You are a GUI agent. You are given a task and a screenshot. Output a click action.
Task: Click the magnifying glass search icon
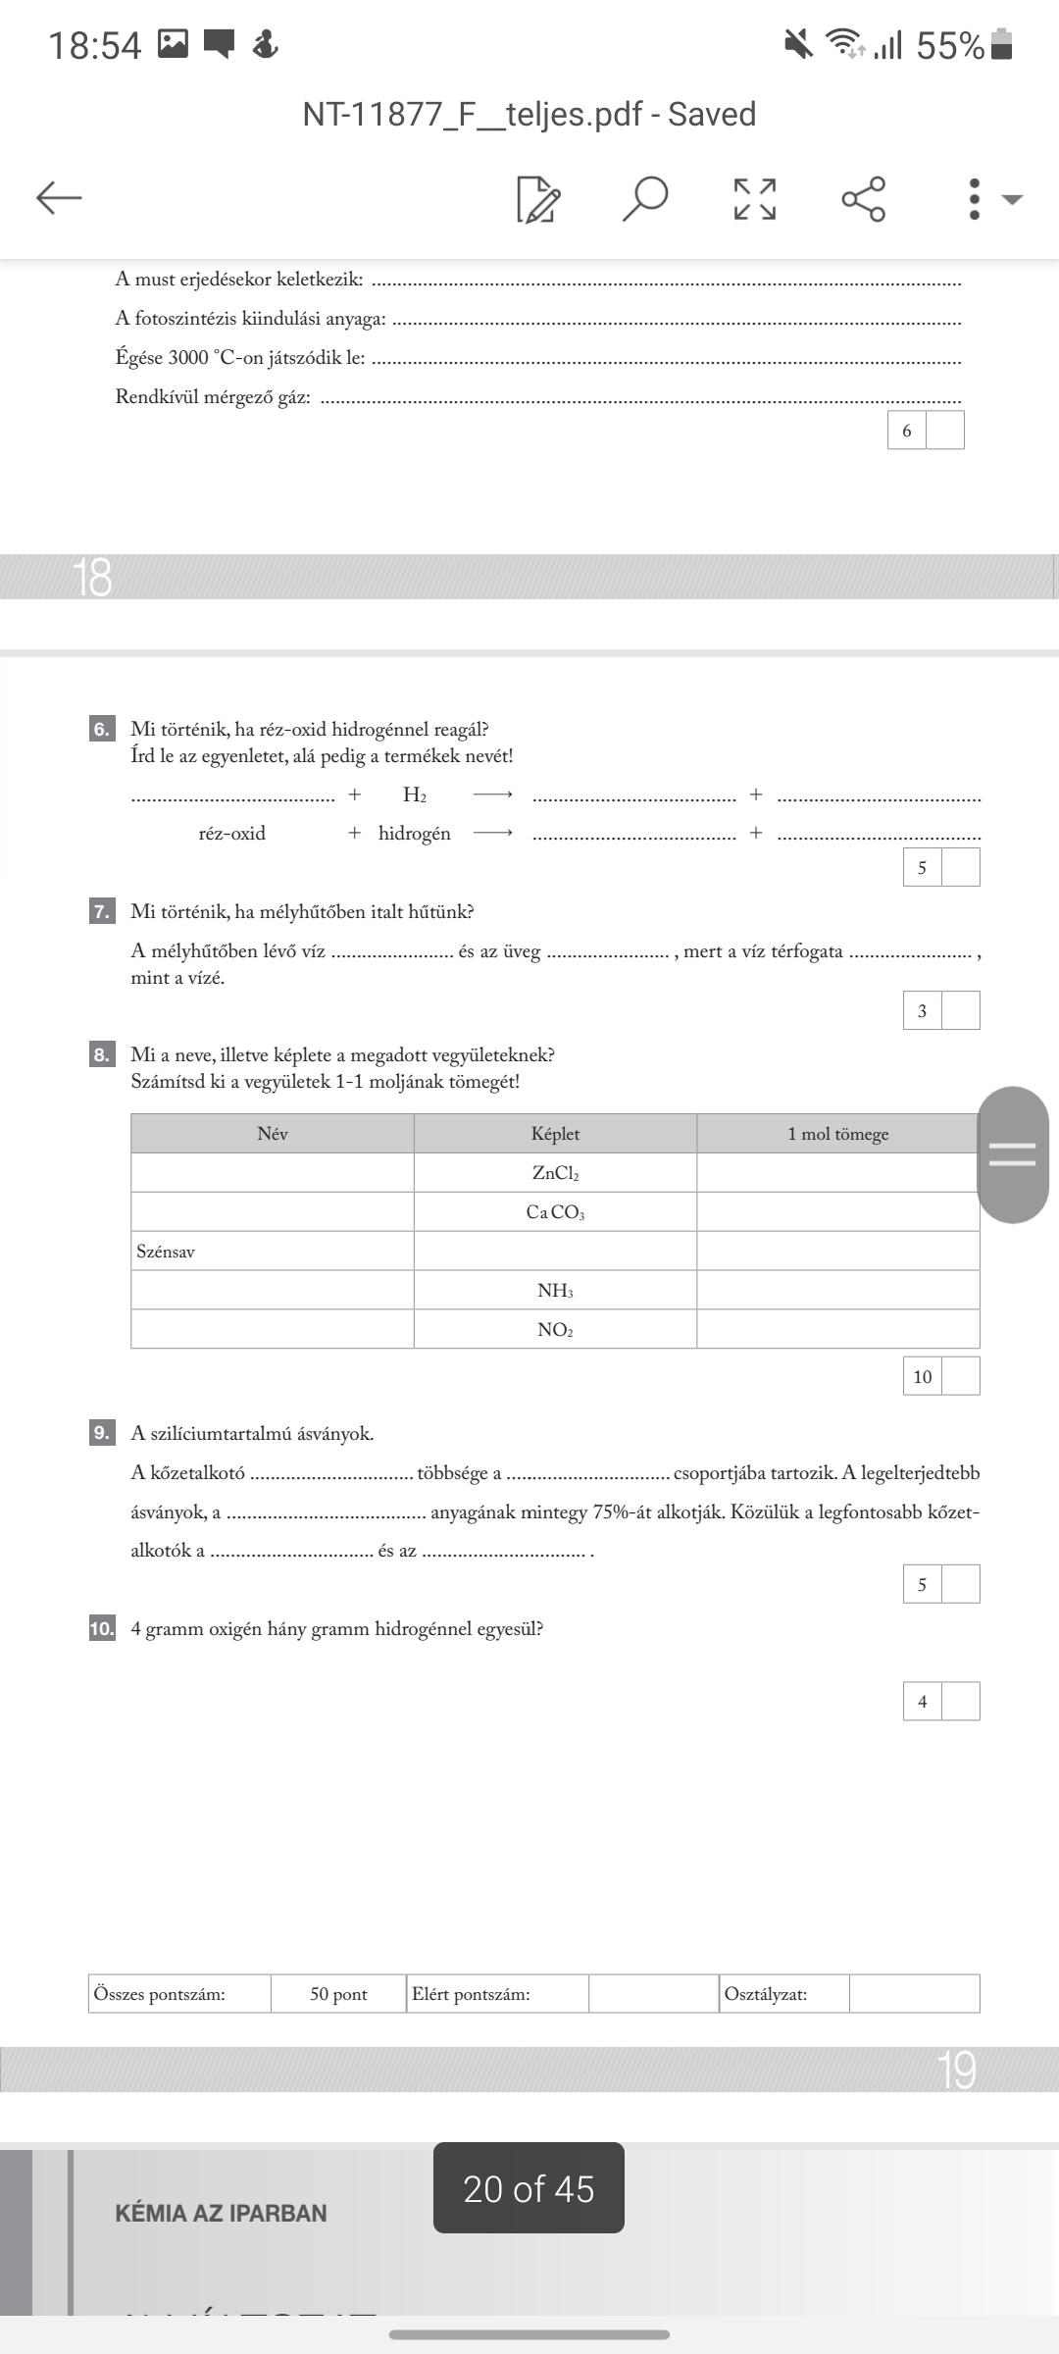(x=645, y=198)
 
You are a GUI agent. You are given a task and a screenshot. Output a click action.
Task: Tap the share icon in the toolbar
(x=864, y=198)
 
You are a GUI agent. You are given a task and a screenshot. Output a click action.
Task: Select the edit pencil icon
(x=538, y=199)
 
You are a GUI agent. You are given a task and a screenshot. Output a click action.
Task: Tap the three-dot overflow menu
(x=974, y=198)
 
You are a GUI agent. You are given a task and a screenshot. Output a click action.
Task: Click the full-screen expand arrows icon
(x=755, y=198)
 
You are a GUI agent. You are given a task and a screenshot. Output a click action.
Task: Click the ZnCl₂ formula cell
(x=555, y=1173)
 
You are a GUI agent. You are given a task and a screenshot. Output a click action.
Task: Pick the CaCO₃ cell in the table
(x=555, y=1212)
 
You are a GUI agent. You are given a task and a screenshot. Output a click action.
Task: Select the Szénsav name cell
(x=272, y=1252)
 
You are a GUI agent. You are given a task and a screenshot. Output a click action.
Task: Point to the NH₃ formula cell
(x=555, y=1291)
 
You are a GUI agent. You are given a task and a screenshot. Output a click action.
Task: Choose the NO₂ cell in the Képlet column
(x=555, y=1330)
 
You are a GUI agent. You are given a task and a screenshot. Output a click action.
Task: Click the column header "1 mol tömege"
(x=837, y=1134)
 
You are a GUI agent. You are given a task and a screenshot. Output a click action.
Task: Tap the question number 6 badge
(x=102, y=729)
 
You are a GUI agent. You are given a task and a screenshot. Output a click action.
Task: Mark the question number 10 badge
(x=102, y=1629)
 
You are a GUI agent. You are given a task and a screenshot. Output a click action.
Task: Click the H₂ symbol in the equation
(x=414, y=794)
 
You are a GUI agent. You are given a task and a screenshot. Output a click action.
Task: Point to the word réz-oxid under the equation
(x=232, y=834)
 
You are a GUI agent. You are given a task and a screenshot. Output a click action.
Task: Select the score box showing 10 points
(x=923, y=1377)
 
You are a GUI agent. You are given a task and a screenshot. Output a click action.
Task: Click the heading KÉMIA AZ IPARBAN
(x=221, y=2214)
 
